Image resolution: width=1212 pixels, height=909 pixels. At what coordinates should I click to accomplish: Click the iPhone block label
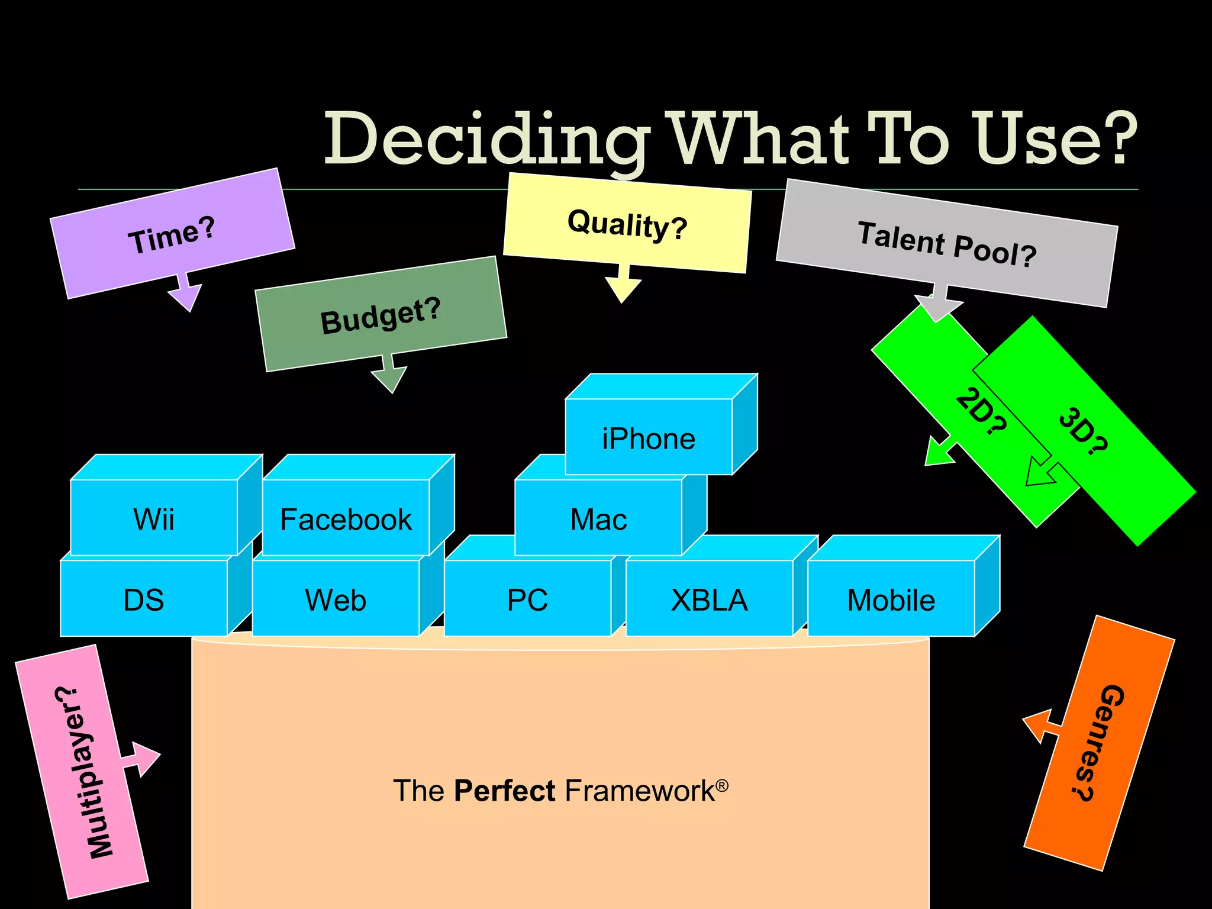[649, 439]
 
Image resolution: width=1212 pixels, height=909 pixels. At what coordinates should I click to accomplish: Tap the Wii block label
[154, 520]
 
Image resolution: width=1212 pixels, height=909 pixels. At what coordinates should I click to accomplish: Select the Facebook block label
[346, 520]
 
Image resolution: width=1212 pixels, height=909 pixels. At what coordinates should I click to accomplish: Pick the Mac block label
[598, 520]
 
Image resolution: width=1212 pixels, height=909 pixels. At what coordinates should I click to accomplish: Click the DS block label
[144, 600]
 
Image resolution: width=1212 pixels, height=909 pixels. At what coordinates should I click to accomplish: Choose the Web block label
[336, 600]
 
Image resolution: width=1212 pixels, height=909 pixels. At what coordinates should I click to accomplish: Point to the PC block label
[527, 600]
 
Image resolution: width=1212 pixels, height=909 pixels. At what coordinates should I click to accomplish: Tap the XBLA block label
[709, 600]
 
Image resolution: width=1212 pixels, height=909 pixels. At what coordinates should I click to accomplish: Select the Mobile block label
[891, 600]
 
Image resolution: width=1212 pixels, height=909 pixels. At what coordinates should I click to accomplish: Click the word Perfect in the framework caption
[505, 791]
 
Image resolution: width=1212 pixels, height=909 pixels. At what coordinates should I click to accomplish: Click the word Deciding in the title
[485, 140]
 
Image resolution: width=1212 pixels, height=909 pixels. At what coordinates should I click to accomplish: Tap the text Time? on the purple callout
[172, 236]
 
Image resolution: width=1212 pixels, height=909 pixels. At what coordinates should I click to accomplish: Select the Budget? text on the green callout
[381, 316]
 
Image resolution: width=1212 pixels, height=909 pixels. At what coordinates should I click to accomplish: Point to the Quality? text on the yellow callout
[627, 225]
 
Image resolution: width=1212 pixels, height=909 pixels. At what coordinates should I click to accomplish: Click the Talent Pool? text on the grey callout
[947, 244]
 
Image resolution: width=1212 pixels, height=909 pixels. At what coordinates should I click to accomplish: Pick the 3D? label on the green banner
[1083, 432]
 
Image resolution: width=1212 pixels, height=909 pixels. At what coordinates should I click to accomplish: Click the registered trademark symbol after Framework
[722, 785]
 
